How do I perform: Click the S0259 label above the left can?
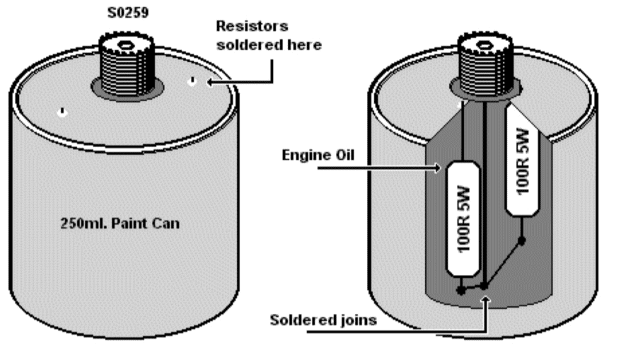[x=128, y=13]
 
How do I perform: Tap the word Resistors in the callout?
[x=252, y=26]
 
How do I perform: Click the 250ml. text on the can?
[x=84, y=223]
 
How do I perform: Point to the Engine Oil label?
[x=318, y=155]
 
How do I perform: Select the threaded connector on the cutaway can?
[x=485, y=64]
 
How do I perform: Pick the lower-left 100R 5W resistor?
[x=463, y=219]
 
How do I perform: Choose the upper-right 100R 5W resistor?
[x=523, y=161]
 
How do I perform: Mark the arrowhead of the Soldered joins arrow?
[x=485, y=301]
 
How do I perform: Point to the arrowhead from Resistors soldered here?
[x=210, y=83]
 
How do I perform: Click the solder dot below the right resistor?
[x=521, y=240]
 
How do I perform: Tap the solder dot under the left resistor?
[x=461, y=291]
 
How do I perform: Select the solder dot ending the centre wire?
[x=485, y=286]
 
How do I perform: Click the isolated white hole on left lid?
[x=62, y=112]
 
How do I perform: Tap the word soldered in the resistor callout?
[x=248, y=45]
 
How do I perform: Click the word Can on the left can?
[x=166, y=223]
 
